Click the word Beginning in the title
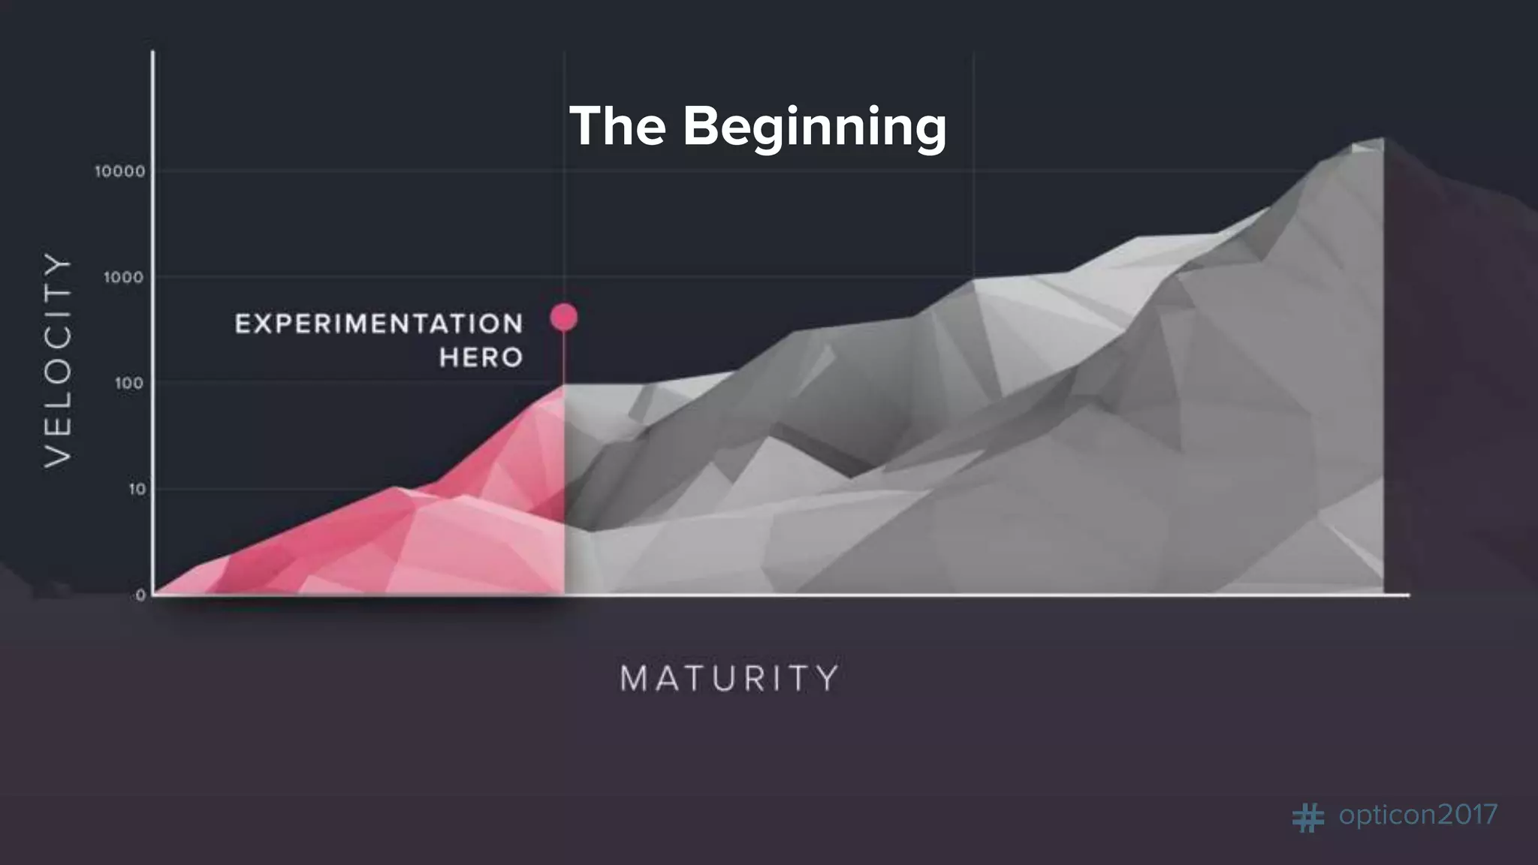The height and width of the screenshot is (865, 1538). pos(814,127)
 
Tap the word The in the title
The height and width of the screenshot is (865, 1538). pos(617,125)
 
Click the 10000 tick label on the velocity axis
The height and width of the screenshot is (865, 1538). pos(120,172)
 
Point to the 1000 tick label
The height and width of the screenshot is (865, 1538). pos(124,278)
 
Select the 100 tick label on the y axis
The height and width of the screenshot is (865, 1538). pos(129,384)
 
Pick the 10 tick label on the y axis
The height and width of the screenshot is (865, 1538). pos(137,490)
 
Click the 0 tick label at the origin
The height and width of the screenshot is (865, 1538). pos(141,595)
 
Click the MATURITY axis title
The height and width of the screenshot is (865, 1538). pos(729,679)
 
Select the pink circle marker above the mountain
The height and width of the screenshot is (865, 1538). pos(564,317)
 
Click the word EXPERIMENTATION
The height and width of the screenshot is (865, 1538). pos(379,324)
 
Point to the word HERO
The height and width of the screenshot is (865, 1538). pos(481,357)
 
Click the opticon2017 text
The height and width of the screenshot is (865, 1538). pos(1418,815)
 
